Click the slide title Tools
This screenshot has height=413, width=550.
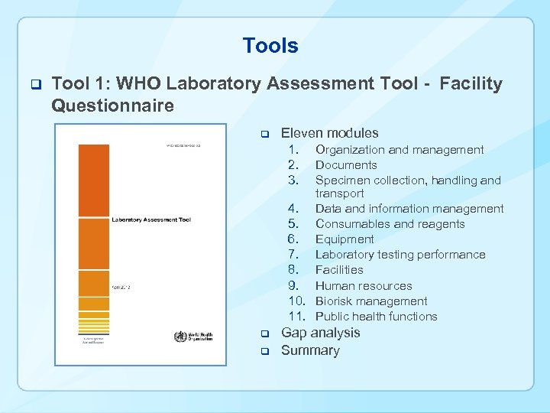pyautogui.click(x=270, y=46)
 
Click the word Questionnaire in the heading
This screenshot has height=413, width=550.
pyautogui.click(x=112, y=106)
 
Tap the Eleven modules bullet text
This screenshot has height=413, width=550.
pyautogui.click(x=329, y=133)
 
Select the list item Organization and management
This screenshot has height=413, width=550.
pyautogui.click(x=399, y=150)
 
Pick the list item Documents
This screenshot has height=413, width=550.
pyautogui.click(x=346, y=165)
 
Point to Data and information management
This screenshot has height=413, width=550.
pyautogui.click(x=409, y=209)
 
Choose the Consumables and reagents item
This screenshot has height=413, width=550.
pyautogui.click(x=390, y=224)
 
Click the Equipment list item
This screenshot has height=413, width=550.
pyautogui.click(x=345, y=239)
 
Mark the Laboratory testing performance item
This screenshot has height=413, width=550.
pyautogui.click(x=400, y=255)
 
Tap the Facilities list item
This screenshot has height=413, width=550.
pyautogui.click(x=339, y=270)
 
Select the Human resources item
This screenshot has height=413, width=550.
pyautogui.click(x=363, y=286)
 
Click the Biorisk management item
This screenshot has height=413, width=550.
pyautogui.click(x=370, y=301)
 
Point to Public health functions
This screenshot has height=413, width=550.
pyautogui.click(x=376, y=317)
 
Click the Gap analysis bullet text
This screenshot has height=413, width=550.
pyautogui.click(x=320, y=333)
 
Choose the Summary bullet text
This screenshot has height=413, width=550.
pyautogui.click(x=310, y=350)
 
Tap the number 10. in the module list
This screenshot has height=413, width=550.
pyautogui.click(x=298, y=301)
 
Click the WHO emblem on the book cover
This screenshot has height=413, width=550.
pyautogui.click(x=181, y=336)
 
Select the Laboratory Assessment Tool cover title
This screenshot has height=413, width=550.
pyautogui.click(x=151, y=220)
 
